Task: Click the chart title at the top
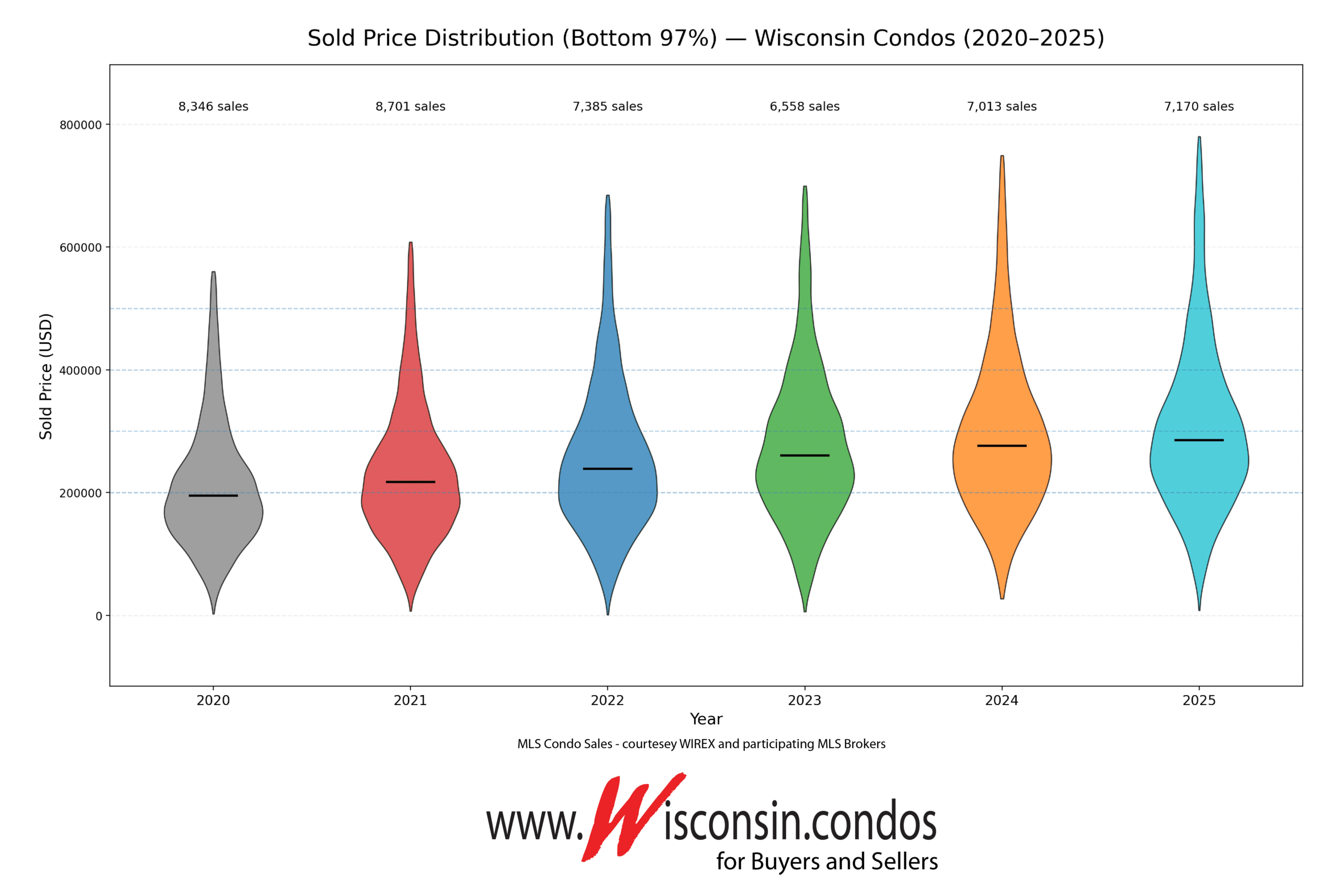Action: [x=706, y=38]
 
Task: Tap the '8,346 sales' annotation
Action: [x=213, y=106]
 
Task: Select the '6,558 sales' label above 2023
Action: [x=805, y=106]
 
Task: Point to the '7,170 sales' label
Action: [x=1199, y=106]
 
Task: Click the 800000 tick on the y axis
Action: [x=81, y=125]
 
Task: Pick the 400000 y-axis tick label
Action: [x=81, y=371]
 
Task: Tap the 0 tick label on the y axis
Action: [x=99, y=616]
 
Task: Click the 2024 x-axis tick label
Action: [x=1002, y=700]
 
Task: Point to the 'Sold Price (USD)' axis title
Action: [x=46, y=376]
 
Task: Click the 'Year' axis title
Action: [x=706, y=719]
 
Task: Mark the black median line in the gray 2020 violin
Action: [x=213, y=496]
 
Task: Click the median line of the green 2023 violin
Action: [x=805, y=455]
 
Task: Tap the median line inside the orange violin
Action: [x=1002, y=445]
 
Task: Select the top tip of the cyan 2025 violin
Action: [x=1199, y=138]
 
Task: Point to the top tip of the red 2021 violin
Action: [x=411, y=244]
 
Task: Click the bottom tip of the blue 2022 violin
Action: [x=608, y=613]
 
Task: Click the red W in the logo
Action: [x=625, y=818]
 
